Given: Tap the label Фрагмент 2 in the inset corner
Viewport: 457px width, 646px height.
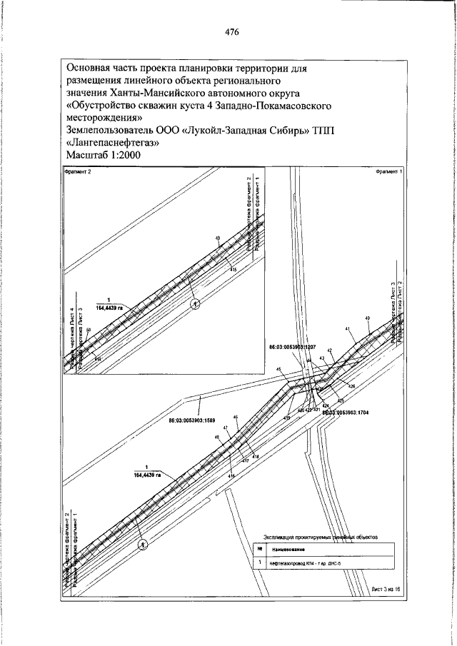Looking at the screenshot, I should coord(78,172).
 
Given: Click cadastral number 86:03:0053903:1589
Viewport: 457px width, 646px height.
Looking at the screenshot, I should coord(192,420).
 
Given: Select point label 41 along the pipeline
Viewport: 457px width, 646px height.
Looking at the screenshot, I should coord(347,328).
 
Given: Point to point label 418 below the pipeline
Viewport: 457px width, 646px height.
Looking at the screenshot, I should coord(256,456).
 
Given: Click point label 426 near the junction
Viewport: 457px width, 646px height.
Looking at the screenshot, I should coord(351,387).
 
